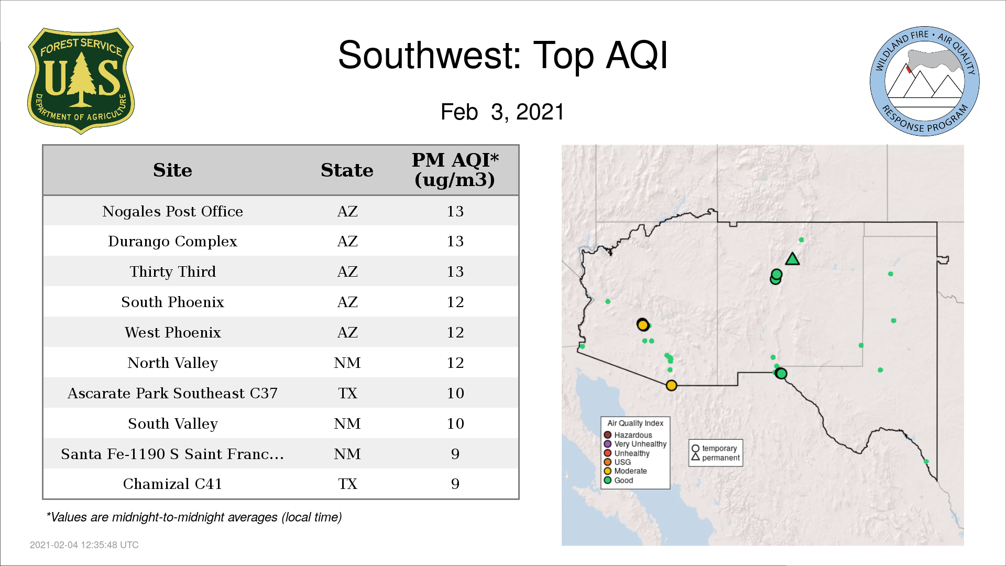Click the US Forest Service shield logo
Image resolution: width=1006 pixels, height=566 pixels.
[x=81, y=81]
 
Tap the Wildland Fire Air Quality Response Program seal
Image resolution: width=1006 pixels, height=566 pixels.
[x=924, y=81]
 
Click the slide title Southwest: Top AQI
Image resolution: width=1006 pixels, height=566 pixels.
[x=503, y=55]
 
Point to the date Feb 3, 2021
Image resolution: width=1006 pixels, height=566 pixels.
[x=502, y=112]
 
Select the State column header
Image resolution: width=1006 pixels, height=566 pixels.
[x=347, y=170]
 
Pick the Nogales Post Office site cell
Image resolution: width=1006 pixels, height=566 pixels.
[x=172, y=211]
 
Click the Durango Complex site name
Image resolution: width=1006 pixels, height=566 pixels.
[x=172, y=242]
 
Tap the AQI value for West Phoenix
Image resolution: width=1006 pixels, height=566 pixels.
[x=455, y=332]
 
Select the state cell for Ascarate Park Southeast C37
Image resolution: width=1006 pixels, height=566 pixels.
[x=347, y=393]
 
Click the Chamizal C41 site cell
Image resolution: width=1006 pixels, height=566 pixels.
[x=172, y=484]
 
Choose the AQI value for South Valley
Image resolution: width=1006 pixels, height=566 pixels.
[x=455, y=423]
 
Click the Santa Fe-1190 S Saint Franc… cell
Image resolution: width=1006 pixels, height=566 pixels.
[x=172, y=454]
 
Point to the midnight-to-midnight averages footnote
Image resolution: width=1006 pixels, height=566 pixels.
[x=194, y=517]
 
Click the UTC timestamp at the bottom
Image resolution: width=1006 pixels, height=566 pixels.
[x=84, y=545]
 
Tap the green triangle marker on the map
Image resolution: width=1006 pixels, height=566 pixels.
[x=792, y=259]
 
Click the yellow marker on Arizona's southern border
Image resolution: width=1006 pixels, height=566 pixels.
[x=671, y=386]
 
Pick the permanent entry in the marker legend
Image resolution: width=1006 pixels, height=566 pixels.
[x=716, y=458]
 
